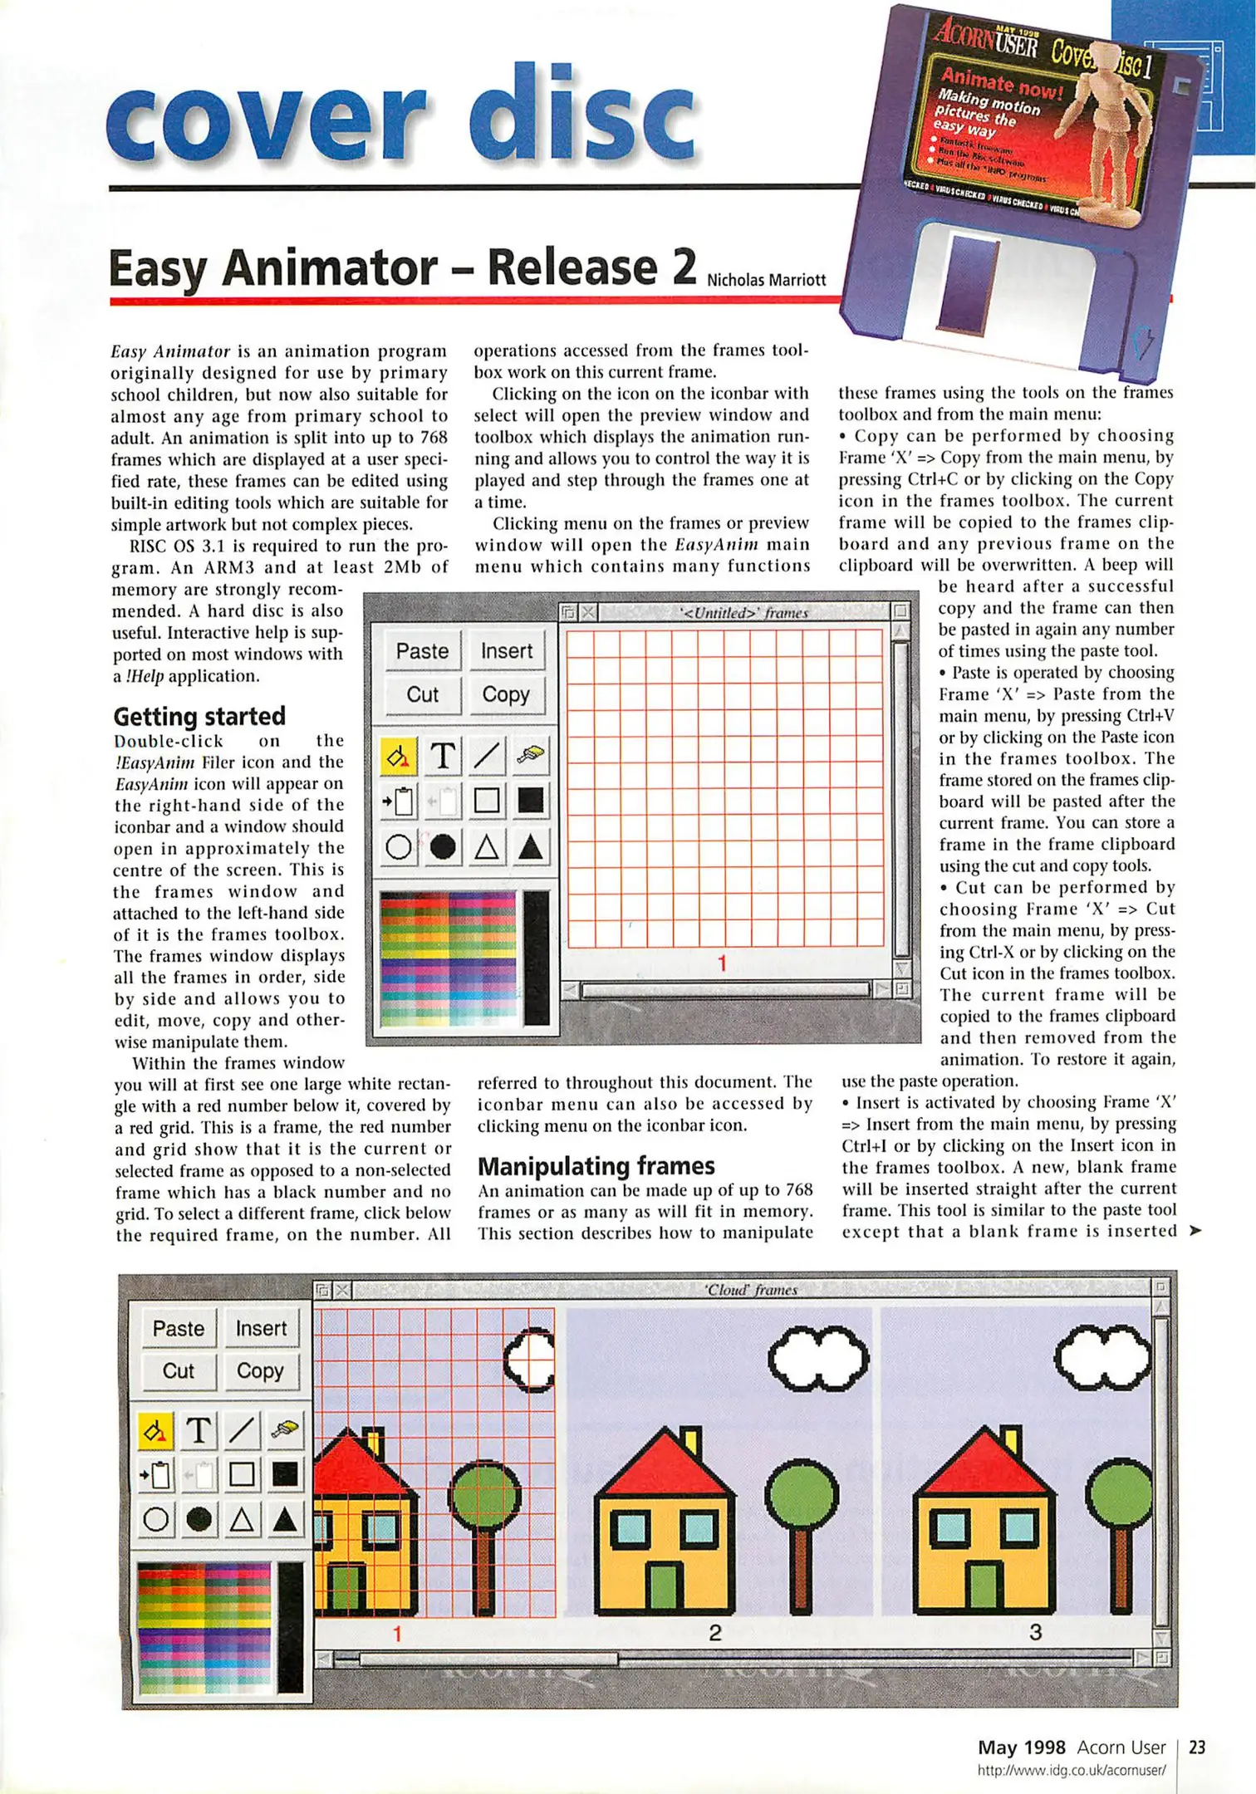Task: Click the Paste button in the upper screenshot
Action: [422, 651]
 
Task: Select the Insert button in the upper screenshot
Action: [506, 651]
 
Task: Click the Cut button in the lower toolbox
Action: [178, 1370]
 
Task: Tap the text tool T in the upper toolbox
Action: [443, 756]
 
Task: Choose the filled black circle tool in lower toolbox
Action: [199, 1519]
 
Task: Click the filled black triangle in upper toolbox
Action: [530, 847]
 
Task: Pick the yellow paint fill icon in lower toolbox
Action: [155, 1430]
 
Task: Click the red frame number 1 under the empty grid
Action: [722, 963]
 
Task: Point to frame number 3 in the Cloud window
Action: [1035, 1632]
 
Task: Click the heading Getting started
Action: [199, 716]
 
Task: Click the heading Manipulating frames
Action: [596, 1166]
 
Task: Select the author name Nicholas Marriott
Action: [766, 280]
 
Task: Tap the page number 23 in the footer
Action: [1197, 1747]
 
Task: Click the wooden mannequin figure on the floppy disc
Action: [1109, 125]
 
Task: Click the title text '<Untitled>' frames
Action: [743, 613]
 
